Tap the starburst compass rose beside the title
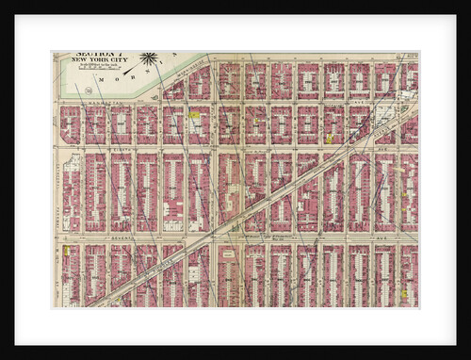click(x=148, y=59)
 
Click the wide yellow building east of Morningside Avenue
click(x=194, y=115)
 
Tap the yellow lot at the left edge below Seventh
click(x=67, y=251)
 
